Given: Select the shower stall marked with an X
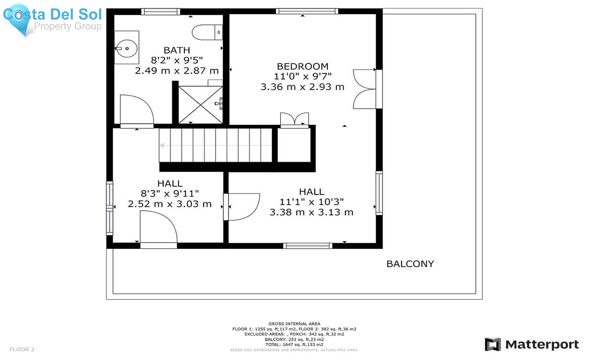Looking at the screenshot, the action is click(200, 105).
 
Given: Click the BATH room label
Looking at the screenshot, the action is click(177, 50).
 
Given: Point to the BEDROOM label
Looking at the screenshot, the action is click(303, 66).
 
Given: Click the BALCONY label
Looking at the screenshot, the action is click(410, 264).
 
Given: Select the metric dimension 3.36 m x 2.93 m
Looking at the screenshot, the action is click(303, 87).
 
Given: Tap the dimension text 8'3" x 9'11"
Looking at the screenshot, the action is click(170, 193).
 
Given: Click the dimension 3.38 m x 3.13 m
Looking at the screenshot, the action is click(312, 212).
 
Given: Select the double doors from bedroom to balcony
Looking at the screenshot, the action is click(365, 89).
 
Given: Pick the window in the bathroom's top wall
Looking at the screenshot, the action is click(161, 12).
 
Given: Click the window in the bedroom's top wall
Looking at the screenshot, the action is click(307, 11).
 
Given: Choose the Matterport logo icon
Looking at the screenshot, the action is click(493, 344).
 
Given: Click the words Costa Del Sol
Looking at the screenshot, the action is click(52, 14).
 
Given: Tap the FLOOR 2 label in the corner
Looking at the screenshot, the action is click(22, 349).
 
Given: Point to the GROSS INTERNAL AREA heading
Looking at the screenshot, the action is click(294, 324).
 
